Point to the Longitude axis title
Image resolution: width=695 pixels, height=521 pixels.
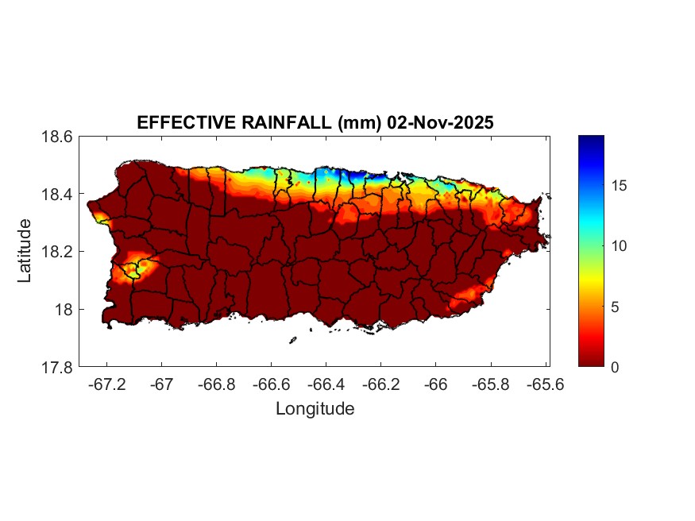tap(315, 409)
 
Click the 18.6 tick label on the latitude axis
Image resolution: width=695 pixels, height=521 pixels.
tap(57, 137)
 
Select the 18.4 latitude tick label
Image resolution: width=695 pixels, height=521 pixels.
tap(57, 195)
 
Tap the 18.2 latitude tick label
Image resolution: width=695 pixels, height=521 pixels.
tap(57, 252)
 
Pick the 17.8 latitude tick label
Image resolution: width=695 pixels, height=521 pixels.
tap(57, 368)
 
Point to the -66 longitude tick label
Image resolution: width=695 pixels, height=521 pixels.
tap(435, 384)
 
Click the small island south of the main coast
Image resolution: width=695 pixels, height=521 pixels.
tap(292, 340)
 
